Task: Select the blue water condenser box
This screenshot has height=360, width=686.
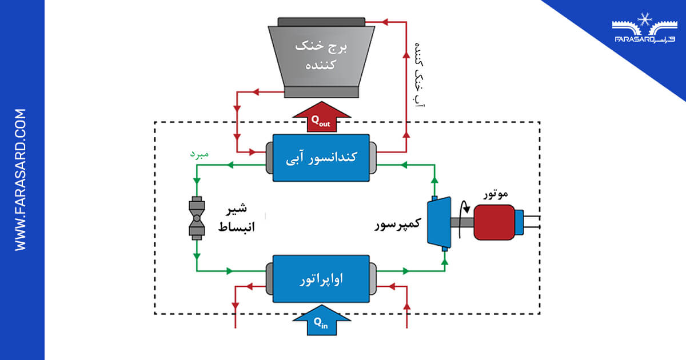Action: click(320, 158)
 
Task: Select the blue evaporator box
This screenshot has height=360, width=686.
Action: click(320, 279)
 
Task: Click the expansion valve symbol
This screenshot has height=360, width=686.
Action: click(197, 218)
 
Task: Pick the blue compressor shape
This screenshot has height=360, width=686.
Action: click(440, 223)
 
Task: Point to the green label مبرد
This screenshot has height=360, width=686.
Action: click(199, 155)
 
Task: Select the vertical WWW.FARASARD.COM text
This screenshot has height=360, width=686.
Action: click(21, 179)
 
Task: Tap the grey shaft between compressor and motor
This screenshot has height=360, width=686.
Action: click(462, 223)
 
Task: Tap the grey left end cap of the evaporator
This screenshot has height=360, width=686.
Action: click(269, 279)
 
